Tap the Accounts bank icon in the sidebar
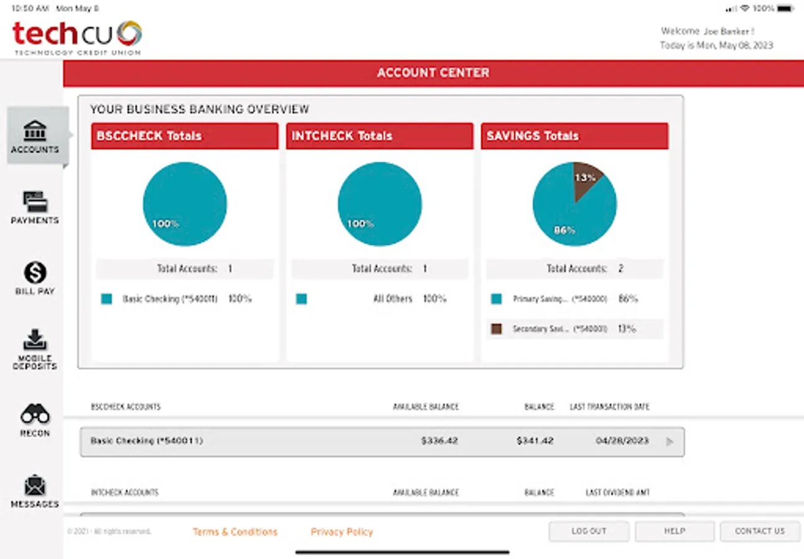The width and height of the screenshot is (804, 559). coord(35,131)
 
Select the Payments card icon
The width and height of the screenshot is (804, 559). coord(35,202)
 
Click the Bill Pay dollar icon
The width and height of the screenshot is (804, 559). coord(35,273)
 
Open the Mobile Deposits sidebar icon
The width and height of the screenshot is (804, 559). coord(35,340)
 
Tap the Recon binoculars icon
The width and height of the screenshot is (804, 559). coord(35,414)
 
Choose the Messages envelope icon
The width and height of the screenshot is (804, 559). coord(35,486)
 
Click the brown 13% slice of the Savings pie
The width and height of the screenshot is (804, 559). coord(586,178)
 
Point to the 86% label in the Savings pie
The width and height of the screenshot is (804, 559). coord(564,230)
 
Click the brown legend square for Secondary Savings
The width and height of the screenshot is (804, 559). coord(496,329)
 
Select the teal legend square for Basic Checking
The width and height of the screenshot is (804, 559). coord(107,299)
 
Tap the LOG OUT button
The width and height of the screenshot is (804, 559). coord(588,532)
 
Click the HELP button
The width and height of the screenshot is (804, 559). coord(674,532)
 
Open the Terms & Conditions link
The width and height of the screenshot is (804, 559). coord(235,532)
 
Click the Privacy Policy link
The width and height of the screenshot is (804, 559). coord(342,532)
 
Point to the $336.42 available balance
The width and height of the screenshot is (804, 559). coord(439,441)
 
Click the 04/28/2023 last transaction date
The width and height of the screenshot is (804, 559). coord(622,441)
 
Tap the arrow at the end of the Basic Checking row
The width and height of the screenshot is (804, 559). coord(669,442)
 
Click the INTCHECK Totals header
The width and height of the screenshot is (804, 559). coord(342,136)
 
